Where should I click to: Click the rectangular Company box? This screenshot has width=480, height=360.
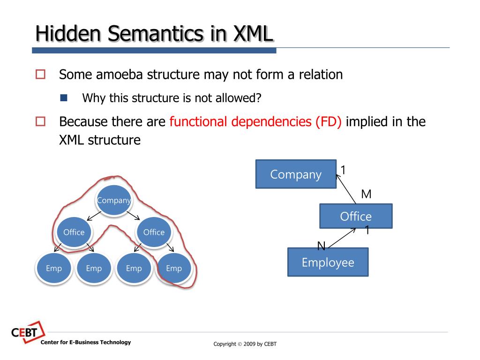[x=296, y=174]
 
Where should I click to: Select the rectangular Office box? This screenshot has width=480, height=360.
[x=356, y=216]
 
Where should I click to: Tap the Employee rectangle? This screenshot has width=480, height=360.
[x=328, y=262]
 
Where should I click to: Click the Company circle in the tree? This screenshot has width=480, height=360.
[x=113, y=201]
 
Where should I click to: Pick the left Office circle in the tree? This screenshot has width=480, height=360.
[x=74, y=232]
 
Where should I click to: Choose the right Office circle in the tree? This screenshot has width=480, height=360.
[x=154, y=232]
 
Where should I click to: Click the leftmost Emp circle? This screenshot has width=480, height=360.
[x=54, y=268]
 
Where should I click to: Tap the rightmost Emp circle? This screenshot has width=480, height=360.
[x=174, y=268]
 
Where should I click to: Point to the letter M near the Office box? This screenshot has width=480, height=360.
[x=366, y=194]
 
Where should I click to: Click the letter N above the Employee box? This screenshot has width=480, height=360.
[x=321, y=246]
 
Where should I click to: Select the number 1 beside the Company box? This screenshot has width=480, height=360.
[x=343, y=170]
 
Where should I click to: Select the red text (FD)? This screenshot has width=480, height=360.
[x=328, y=122]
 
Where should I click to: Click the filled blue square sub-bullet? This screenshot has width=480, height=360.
[x=64, y=98]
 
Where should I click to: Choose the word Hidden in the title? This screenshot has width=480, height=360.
[x=68, y=34]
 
